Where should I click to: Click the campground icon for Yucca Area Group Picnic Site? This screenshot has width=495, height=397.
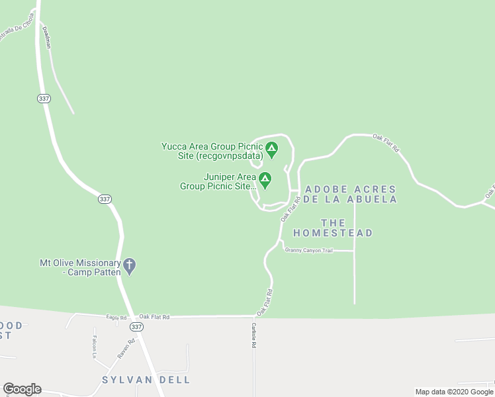271,146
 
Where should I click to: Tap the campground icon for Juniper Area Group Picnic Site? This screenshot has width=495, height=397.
265,179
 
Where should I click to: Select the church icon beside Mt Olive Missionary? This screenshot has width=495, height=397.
130,266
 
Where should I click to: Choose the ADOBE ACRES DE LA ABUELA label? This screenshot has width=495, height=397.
351,194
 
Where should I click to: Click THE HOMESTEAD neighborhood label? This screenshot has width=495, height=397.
333,228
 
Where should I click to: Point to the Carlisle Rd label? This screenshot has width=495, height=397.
253,335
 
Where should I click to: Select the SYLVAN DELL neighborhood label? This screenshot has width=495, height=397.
146,380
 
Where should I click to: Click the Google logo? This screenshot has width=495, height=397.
22,389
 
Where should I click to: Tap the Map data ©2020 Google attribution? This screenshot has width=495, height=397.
454,392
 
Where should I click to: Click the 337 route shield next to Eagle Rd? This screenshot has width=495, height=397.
136,327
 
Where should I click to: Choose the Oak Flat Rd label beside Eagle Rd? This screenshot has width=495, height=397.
155,317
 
